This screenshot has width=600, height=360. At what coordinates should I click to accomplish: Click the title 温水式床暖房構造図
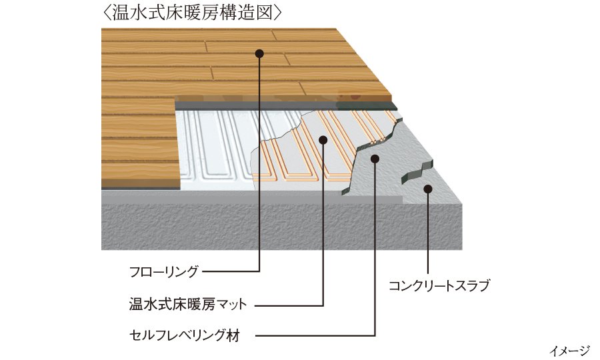tap(193, 13)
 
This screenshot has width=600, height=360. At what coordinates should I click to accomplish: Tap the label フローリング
tap(164, 271)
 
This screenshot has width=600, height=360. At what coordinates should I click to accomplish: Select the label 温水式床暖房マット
tap(188, 305)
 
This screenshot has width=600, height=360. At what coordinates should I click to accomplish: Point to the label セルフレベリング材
tap(185, 335)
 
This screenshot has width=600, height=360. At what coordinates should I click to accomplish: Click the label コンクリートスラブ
tap(439, 285)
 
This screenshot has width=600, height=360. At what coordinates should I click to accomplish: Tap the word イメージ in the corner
tap(569, 350)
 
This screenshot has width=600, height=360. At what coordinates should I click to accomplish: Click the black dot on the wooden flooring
tap(259, 53)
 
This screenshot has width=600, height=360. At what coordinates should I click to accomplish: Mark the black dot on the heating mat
tap(323, 140)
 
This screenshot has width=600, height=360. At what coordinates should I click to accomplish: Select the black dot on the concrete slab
tap(428, 189)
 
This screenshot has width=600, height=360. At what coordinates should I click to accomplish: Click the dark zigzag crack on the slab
tap(417, 171)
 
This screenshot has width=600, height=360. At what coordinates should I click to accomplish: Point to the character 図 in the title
tap(265, 13)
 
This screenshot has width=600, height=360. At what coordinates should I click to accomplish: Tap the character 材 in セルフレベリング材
tap(233, 335)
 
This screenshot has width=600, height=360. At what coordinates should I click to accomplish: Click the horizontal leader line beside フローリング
tap(231, 271)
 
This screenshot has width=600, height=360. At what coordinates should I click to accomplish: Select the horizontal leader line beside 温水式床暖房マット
tap(289, 305)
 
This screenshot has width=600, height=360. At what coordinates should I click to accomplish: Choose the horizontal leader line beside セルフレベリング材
tap(315, 336)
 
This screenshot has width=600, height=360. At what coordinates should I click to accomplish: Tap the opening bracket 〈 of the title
tap(107, 13)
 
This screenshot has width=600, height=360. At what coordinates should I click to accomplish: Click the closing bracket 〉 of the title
tap(278, 13)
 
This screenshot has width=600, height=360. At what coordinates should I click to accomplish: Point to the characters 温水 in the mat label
tap(143, 305)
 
